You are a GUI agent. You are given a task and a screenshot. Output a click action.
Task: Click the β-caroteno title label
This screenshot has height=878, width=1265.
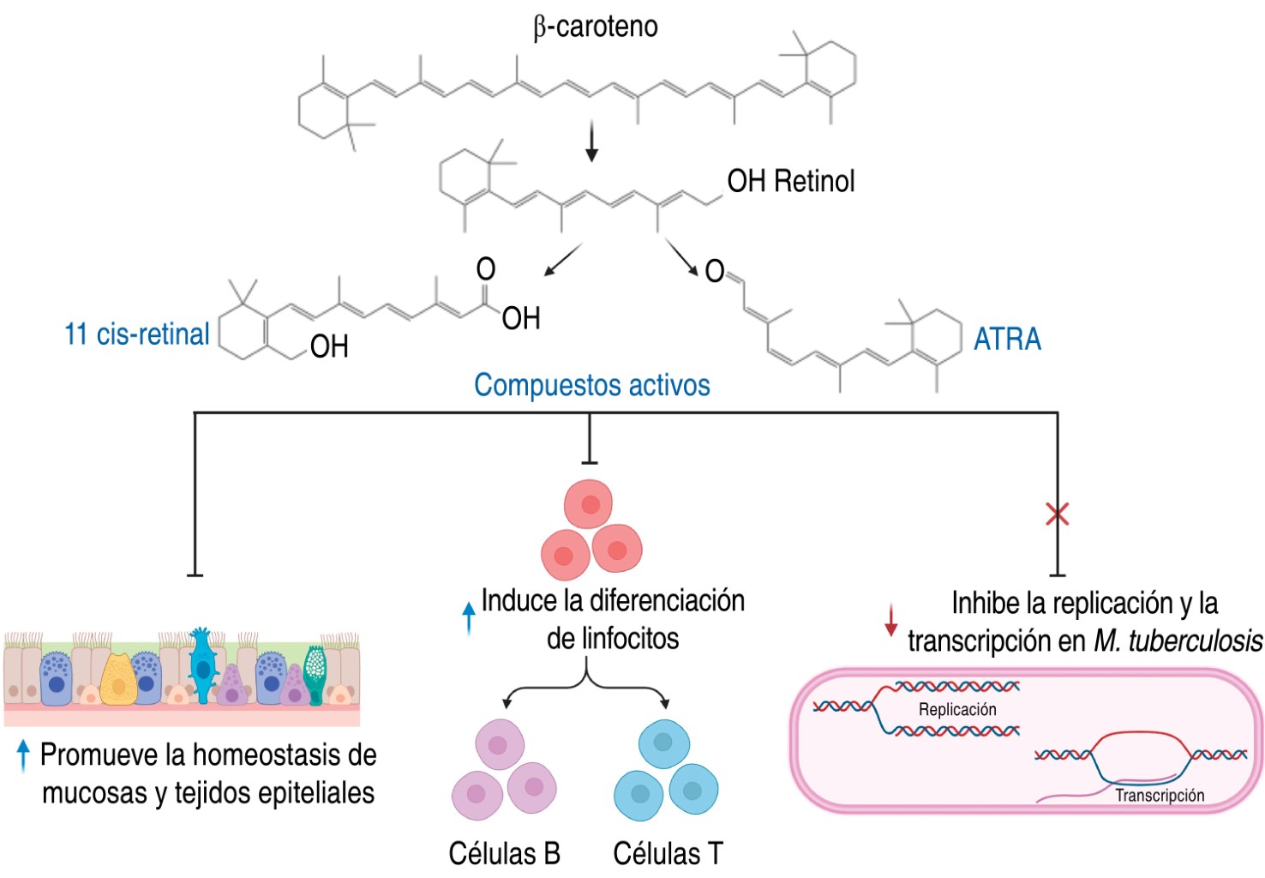[595, 27]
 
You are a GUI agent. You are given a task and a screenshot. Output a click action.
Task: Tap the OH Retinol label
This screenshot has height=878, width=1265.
[790, 181]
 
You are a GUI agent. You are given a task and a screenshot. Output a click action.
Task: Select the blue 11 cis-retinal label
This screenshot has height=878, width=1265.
[137, 334]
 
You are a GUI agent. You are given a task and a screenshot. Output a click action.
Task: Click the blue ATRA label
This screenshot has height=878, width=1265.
[1007, 340]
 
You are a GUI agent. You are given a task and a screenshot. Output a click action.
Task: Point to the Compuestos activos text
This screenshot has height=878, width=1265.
[592, 385]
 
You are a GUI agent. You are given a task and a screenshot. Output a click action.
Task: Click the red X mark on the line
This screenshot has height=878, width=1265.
[1057, 514]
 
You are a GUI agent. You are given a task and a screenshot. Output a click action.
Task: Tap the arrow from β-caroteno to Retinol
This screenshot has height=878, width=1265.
[591, 141]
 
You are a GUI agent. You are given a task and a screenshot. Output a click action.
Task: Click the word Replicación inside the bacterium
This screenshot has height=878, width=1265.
[957, 709]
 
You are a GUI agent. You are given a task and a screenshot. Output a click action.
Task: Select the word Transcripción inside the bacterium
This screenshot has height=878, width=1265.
[1159, 795]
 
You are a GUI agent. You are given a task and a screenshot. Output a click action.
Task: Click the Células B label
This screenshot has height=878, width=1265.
[504, 853]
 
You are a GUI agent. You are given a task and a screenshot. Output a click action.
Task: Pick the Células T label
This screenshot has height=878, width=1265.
[668, 853]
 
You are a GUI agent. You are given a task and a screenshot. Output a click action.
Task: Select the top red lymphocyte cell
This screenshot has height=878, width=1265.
[589, 504]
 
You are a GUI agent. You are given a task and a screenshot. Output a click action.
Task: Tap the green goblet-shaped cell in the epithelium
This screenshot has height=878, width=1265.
[315, 673]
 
